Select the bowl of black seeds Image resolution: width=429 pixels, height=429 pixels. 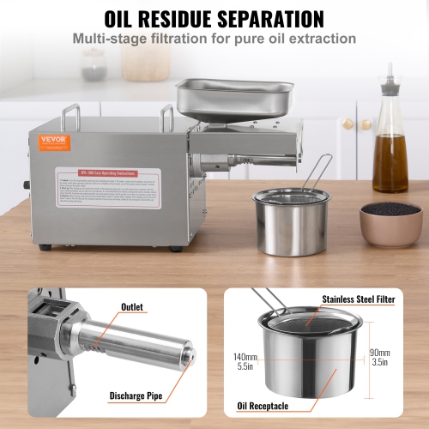(x=391, y=221)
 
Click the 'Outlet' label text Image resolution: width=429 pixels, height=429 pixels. (x=132, y=306)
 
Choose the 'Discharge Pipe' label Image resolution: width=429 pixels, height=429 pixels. (x=136, y=396)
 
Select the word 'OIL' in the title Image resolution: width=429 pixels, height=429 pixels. (x=124, y=18)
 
